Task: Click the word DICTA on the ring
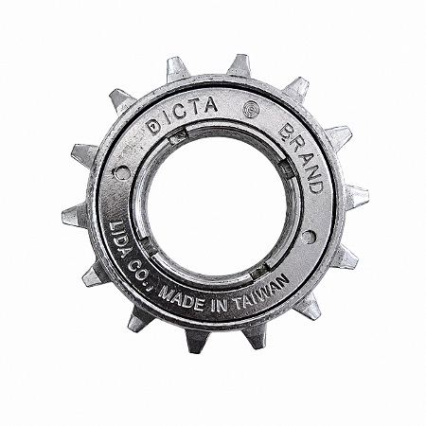(x=183, y=115)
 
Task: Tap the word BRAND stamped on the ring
(x=301, y=158)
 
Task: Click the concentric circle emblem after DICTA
(x=251, y=110)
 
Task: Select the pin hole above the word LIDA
(x=122, y=174)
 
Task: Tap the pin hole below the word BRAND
(x=308, y=237)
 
